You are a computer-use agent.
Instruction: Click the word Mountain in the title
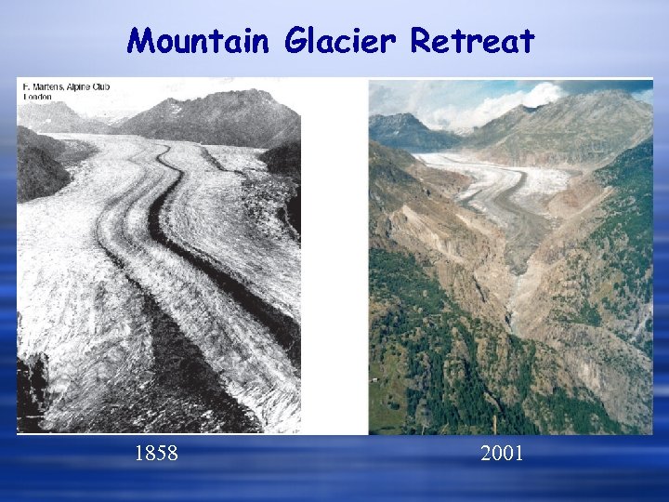coord(199,41)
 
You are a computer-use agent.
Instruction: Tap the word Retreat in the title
coord(473,41)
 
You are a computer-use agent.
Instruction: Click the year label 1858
coord(156,454)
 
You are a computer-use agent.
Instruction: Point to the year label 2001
coord(502,454)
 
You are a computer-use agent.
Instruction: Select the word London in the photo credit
coord(37,97)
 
